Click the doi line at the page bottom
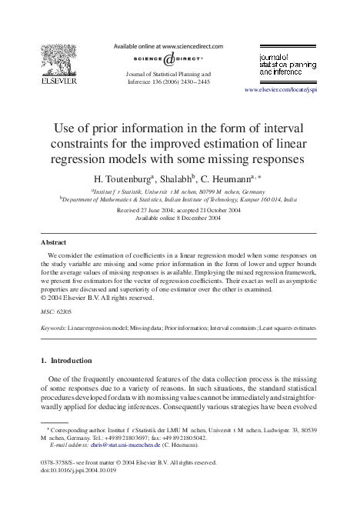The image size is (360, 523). tap(80, 471)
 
